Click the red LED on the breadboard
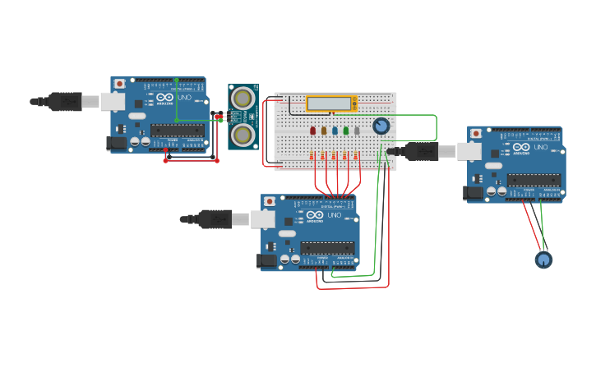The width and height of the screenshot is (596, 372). click(x=312, y=130)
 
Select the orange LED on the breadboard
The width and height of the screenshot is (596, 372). click(x=324, y=130)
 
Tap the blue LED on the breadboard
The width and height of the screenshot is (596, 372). click(x=335, y=130)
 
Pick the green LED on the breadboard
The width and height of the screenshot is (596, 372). click(x=346, y=130)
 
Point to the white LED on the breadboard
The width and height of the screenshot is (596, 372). click(x=357, y=130)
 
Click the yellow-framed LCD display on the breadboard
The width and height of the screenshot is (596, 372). click(x=331, y=103)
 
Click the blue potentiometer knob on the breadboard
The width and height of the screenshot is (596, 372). click(x=381, y=126)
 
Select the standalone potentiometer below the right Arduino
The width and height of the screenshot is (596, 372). click(x=543, y=259)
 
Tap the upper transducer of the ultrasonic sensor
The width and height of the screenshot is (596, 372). click(x=243, y=99)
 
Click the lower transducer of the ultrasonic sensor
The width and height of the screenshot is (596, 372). click(x=243, y=134)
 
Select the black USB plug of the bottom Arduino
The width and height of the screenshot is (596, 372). click(x=215, y=218)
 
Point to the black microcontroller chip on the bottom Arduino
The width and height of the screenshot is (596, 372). click(x=327, y=247)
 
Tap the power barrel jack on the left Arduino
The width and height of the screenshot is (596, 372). click(x=118, y=143)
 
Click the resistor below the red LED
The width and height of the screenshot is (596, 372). click(x=312, y=155)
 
